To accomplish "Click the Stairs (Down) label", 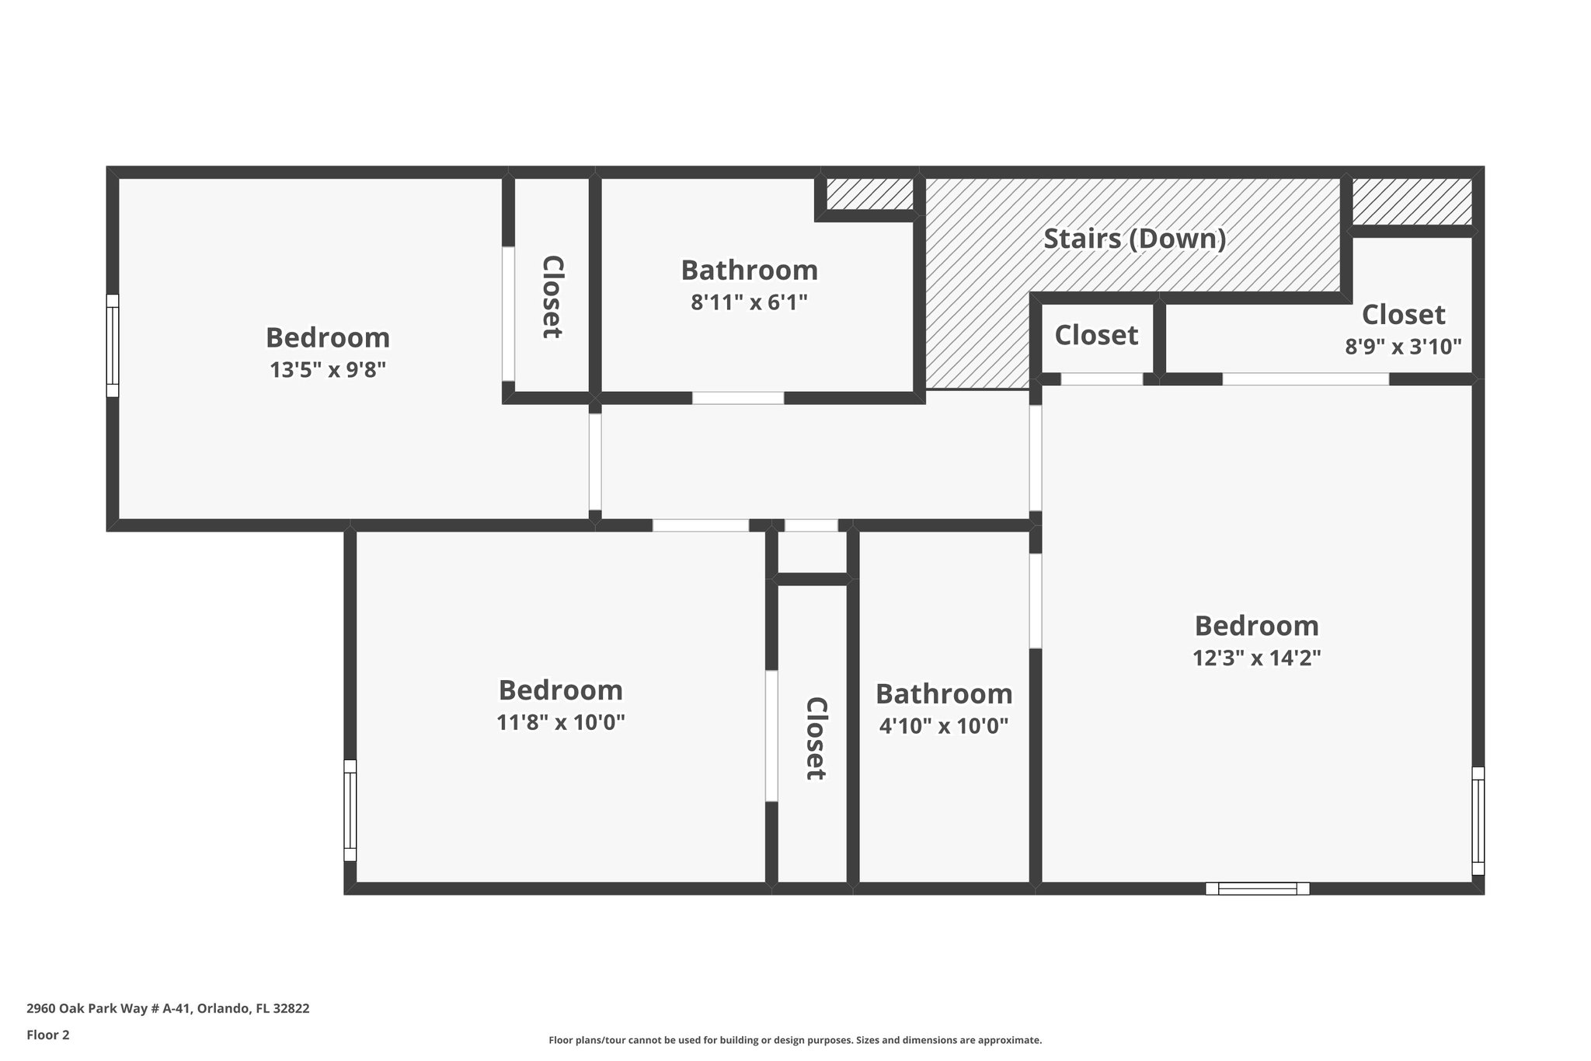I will tap(1134, 239).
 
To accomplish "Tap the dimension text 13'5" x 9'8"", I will tap(328, 370).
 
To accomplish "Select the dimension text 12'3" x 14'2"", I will tap(1256, 658).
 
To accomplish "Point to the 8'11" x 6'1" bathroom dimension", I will tap(749, 302).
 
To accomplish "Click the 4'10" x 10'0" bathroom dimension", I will tap(943, 726).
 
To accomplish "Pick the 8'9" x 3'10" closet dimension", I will tap(1403, 347).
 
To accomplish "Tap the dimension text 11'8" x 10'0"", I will tap(560, 723).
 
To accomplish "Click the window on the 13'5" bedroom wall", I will tap(113, 345).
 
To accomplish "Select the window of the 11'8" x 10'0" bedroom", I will tap(350, 810).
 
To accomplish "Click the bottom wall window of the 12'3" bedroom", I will tap(1257, 888).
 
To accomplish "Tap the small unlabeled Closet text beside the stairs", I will tap(1095, 335).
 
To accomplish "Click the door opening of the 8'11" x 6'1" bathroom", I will tap(738, 398).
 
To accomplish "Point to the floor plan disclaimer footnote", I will tap(795, 1040).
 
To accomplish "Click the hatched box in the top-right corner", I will tap(1412, 201).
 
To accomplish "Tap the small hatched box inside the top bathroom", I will tap(869, 194).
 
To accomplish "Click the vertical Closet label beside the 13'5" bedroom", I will tap(552, 296).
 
